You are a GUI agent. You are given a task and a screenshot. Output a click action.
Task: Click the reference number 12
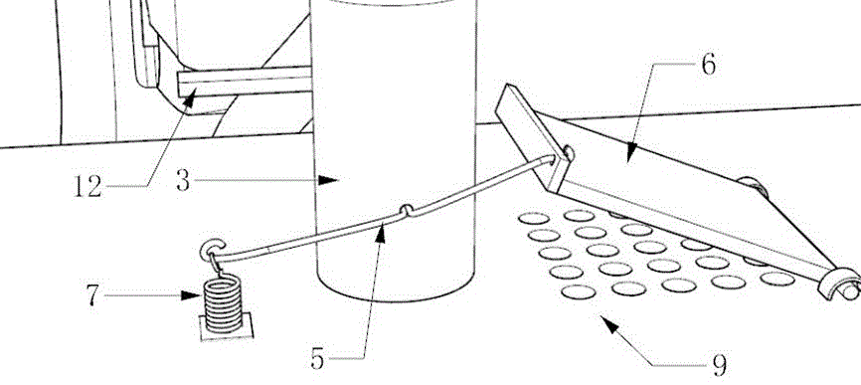pos(87,187)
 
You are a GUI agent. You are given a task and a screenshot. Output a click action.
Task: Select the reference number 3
pos(183,180)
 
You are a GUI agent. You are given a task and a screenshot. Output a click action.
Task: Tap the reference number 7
pos(92,295)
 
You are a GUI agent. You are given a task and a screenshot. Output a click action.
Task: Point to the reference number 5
pos(317,359)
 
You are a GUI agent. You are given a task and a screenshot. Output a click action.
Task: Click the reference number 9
pos(720,365)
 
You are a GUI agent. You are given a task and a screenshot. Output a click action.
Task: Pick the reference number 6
pos(709,65)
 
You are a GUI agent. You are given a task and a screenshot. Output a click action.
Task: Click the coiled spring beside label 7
pos(223,303)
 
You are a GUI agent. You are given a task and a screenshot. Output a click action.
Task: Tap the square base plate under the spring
pos(227,327)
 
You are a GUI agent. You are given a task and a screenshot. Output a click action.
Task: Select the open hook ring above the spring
pos(212,250)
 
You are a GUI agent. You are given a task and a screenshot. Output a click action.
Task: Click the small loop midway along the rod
pos(407,210)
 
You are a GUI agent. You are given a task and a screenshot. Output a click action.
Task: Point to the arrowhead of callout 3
pos(329,180)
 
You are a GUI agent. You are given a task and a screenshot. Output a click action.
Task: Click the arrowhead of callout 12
pos(188,99)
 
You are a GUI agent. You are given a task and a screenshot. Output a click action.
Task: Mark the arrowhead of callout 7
pos(191,295)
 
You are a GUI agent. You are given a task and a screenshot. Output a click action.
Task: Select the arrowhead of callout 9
pos(610,324)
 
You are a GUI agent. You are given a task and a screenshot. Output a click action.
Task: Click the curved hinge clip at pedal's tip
pos(838,283)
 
